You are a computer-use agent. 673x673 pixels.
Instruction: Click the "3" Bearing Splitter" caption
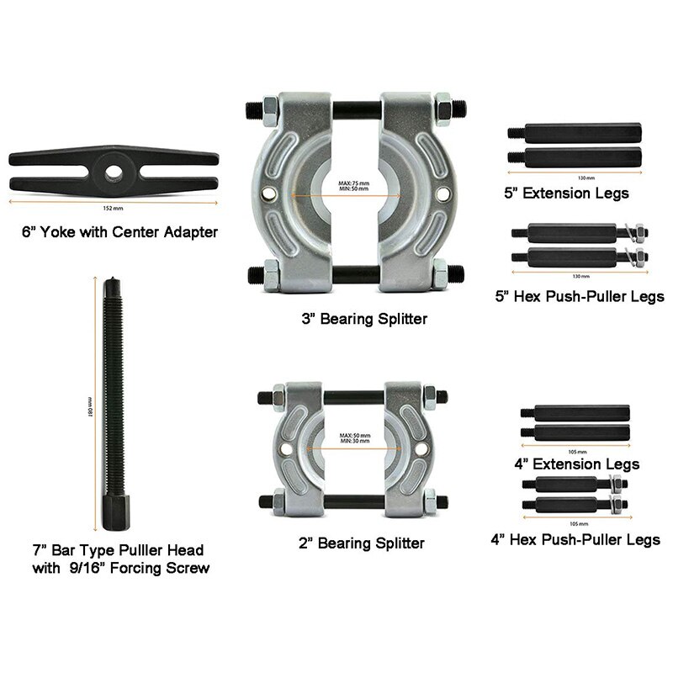click(x=352, y=319)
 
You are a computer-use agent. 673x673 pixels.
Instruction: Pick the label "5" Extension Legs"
click(x=566, y=193)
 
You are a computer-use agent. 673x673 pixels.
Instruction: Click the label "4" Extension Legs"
click(x=576, y=464)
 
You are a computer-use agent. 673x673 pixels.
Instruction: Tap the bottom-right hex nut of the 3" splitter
click(x=438, y=273)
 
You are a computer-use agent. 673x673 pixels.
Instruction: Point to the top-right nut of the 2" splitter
click(x=427, y=395)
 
